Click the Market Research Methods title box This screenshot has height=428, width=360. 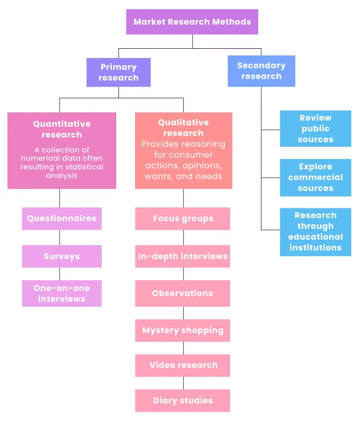(192, 22)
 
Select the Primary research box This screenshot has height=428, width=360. (119, 72)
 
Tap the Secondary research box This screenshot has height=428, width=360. (261, 71)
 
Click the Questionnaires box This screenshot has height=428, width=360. (62, 219)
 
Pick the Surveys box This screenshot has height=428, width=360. (62, 256)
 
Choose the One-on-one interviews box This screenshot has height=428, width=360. (62, 294)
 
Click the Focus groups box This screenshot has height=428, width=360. (182, 219)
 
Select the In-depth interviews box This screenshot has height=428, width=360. (182, 256)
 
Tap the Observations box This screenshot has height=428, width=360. (182, 294)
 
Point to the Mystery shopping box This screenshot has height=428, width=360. (182, 330)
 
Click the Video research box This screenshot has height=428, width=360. (182, 365)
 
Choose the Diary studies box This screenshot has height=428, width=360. (182, 400)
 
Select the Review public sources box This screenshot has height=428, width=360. (315, 129)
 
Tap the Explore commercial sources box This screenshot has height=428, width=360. (315, 178)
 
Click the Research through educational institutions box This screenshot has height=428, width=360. (315, 232)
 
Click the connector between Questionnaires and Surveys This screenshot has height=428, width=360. (60, 238)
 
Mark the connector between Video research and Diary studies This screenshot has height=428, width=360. (183, 383)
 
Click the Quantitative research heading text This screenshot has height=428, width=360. (62, 129)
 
